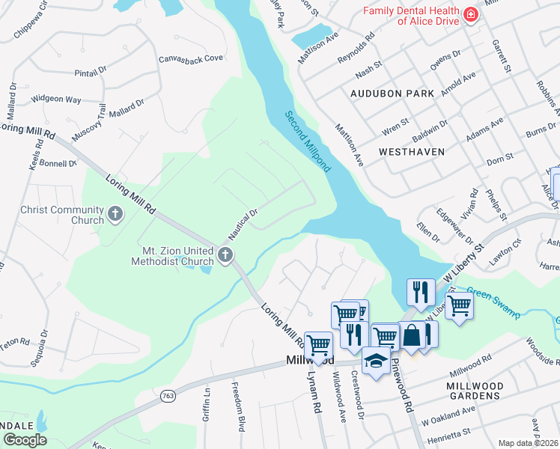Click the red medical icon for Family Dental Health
(469, 15)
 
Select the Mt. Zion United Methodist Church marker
(224, 256)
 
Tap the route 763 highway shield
(167, 395)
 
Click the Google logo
(24, 440)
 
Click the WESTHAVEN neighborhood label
(412, 151)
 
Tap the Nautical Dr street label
(243, 222)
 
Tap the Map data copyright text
(529, 443)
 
